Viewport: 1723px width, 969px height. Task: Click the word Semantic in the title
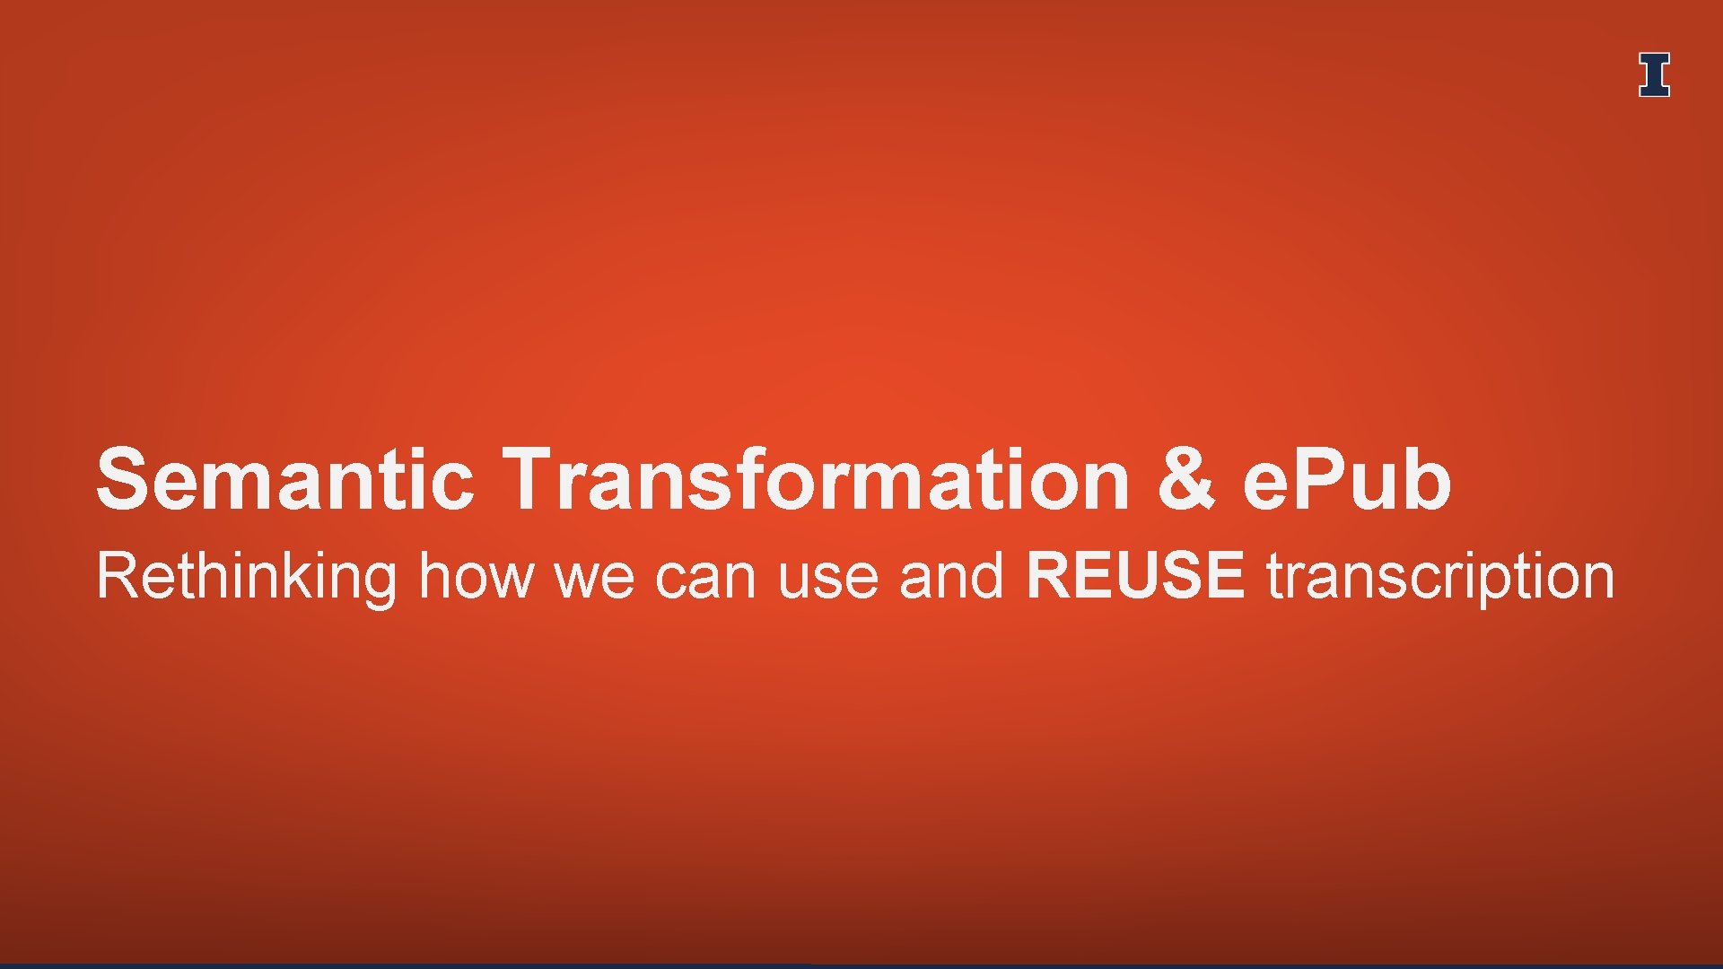point(284,479)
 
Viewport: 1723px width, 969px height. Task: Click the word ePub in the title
point(1346,479)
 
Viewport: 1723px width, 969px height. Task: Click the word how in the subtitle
point(476,576)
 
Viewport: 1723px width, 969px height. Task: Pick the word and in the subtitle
point(951,576)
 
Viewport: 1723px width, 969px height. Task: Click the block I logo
point(1654,74)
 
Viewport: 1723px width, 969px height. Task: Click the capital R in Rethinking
point(117,576)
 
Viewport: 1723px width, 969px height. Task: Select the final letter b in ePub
point(1426,479)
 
